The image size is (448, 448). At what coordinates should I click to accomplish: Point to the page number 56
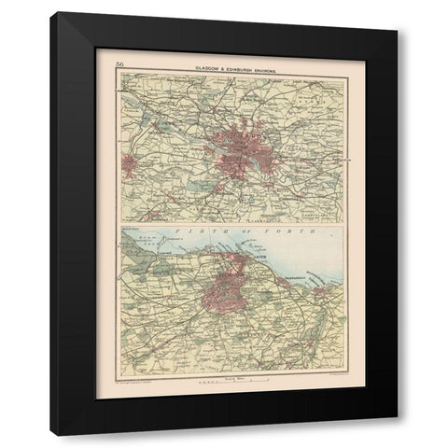point(120,63)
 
